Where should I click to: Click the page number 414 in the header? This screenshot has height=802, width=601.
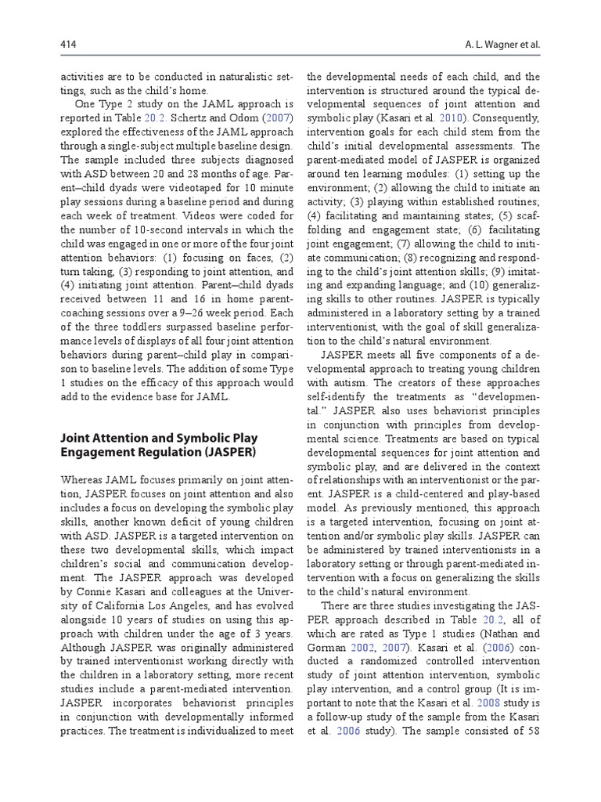[x=68, y=45]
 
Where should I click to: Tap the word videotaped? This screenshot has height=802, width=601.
[x=182, y=189]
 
